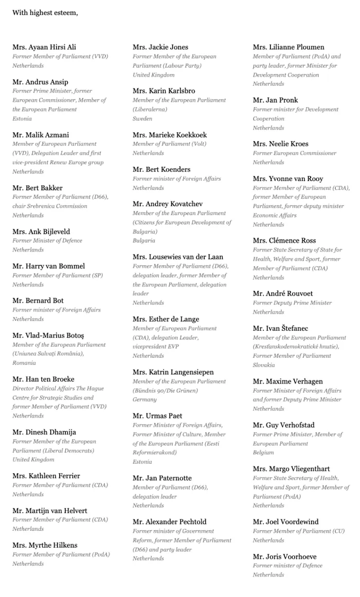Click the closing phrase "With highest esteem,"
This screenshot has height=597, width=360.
click(x=45, y=12)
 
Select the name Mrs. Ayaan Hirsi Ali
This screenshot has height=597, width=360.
click(x=44, y=47)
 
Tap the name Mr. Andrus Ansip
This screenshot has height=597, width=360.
click(x=40, y=82)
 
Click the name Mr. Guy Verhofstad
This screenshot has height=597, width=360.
click(x=283, y=425)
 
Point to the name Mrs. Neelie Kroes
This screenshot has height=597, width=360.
click(x=281, y=143)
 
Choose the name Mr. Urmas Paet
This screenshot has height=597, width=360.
click(x=157, y=415)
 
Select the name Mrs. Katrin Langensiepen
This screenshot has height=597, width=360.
click(x=173, y=372)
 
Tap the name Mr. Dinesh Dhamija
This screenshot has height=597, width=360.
click(x=44, y=432)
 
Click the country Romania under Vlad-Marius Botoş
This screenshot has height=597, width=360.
click(x=25, y=363)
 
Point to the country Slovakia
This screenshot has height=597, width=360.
click(x=263, y=365)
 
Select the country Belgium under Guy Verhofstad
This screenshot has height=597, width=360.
click(x=263, y=453)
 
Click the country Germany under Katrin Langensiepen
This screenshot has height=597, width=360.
click(x=145, y=400)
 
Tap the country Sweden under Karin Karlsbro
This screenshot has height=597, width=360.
click(x=142, y=118)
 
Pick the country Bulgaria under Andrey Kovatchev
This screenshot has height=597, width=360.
click(x=143, y=241)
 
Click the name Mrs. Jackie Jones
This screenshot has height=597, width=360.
click(x=160, y=47)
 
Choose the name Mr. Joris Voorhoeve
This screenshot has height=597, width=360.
click(x=284, y=556)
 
